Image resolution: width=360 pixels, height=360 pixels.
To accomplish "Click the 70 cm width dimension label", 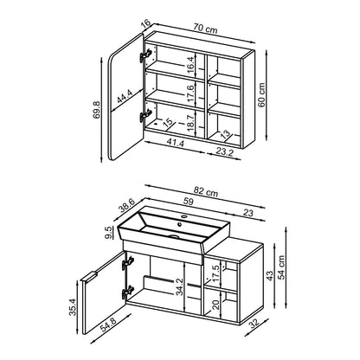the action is click(205, 29).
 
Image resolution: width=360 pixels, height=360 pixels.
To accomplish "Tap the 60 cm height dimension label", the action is click(261, 95).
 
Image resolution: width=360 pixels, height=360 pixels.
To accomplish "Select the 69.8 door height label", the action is click(97, 110).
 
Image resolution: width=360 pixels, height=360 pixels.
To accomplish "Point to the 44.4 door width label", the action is click(125, 97).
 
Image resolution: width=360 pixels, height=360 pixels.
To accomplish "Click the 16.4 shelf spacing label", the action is click(190, 65).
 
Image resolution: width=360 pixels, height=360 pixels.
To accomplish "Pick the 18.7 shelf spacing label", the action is click(190, 124).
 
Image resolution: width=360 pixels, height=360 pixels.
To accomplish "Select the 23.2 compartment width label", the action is click(224, 151).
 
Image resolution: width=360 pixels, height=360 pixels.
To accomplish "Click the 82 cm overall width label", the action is click(206, 193).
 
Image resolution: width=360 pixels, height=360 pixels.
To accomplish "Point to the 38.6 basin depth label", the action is click(127, 206).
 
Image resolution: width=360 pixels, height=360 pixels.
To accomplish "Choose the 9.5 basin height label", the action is click(109, 233).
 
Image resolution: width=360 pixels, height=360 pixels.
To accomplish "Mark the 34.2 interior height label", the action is click(180, 286).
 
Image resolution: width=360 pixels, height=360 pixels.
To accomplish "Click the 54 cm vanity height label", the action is click(281, 267).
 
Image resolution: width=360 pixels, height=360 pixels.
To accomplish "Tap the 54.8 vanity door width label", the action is click(108, 325).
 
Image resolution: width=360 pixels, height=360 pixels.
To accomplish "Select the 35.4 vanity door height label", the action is click(73, 308).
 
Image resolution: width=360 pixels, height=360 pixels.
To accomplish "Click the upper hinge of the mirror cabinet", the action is click(146, 55).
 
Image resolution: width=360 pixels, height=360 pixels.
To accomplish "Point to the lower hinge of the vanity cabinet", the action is click(128, 292).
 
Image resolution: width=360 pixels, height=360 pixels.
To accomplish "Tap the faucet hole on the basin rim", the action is click(183, 215).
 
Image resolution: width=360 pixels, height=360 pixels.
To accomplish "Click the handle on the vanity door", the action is click(88, 277).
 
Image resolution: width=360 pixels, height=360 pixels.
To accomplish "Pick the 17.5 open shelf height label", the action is click(216, 271).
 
